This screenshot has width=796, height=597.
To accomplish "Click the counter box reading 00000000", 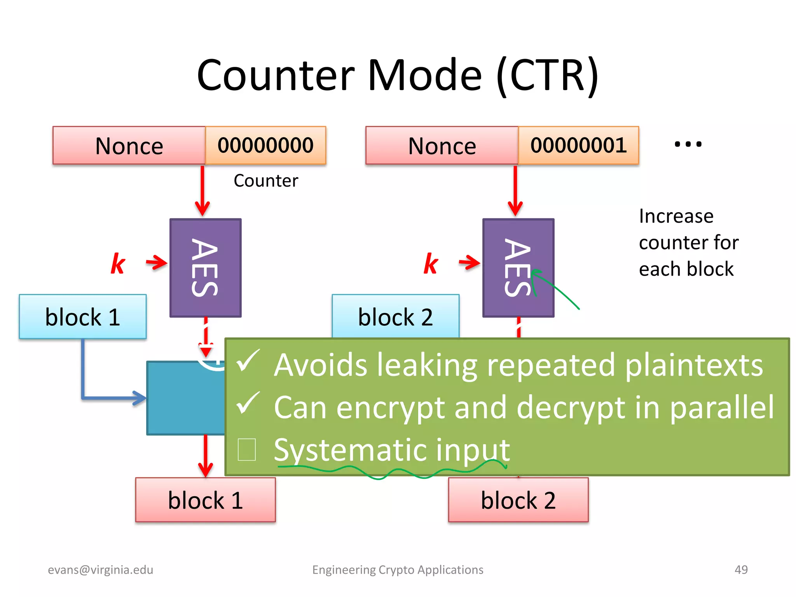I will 265,145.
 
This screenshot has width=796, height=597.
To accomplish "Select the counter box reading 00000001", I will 578,145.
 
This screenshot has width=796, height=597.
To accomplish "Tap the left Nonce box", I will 129,146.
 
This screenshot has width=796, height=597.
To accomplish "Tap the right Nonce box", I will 442,146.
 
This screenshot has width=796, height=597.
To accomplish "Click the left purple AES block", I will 205,268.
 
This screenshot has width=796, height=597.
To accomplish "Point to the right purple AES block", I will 518,268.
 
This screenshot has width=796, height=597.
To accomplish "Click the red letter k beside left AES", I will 118,264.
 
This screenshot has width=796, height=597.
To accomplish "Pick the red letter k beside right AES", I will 431,264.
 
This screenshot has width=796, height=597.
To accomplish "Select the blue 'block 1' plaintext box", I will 82,317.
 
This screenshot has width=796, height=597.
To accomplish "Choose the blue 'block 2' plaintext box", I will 395,316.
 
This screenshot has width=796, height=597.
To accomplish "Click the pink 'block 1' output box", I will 205,500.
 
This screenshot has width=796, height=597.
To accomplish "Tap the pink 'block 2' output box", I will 518,500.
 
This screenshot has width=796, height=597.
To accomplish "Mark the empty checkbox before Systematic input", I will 247,450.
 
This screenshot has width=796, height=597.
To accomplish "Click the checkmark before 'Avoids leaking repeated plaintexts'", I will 248,360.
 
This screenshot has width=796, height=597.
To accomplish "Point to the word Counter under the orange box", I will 266,181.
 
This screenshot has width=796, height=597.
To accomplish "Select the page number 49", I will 741,570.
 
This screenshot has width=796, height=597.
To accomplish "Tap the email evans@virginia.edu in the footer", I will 100,570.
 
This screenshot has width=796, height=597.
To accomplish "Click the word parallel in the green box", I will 722,407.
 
